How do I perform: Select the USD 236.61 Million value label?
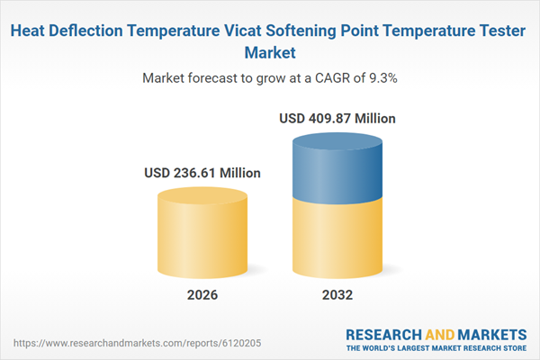point(202,173)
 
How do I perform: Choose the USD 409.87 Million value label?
point(337,118)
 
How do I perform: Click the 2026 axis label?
point(202,295)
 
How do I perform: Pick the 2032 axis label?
point(338,295)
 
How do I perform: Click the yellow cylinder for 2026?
point(202,238)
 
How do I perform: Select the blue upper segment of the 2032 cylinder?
point(338,171)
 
